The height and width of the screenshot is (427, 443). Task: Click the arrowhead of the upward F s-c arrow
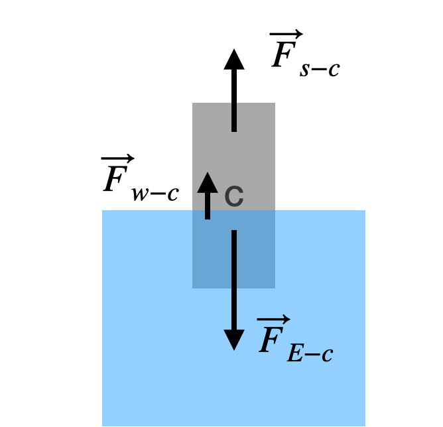pyautogui.click(x=233, y=59)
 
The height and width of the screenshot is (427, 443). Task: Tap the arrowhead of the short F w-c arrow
pyautogui.click(x=208, y=182)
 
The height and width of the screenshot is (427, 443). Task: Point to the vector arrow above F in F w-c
pyautogui.click(x=117, y=158)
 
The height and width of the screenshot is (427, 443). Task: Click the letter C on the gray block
pyautogui.click(x=233, y=196)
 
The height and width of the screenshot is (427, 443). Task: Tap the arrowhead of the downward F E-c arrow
pyautogui.click(x=233, y=339)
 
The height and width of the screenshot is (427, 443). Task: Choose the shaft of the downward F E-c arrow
pyautogui.click(x=233, y=278)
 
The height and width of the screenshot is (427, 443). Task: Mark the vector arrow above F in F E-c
pyautogui.click(x=273, y=319)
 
